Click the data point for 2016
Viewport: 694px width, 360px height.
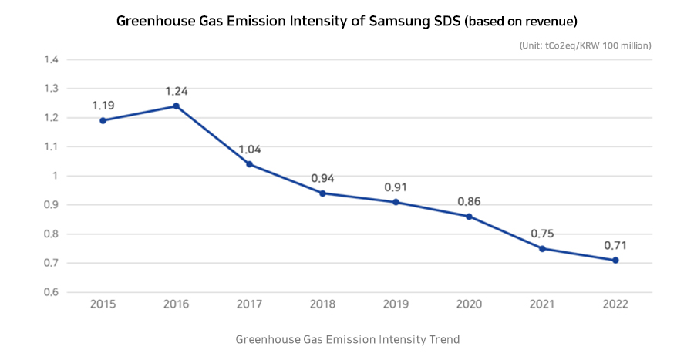click(x=176, y=106)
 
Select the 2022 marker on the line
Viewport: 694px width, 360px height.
click(x=615, y=261)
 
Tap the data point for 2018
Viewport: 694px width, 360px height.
click(x=322, y=193)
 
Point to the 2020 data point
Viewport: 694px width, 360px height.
click(x=469, y=217)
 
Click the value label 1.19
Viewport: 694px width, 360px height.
click(x=103, y=105)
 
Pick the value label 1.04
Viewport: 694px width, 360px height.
click(x=249, y=149)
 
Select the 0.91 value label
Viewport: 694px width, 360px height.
click(x=396, y=187)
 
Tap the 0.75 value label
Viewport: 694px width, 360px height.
click(x=542, y=234)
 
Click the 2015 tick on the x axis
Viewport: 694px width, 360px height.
click(x=103, y=304)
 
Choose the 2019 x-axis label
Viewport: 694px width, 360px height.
click(x=396, y=304)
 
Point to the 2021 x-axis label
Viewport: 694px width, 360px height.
click(x=542, y=304)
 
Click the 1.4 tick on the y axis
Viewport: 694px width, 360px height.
click(x=51, y=59)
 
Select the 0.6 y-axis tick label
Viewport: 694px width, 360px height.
click(x=51, y=292)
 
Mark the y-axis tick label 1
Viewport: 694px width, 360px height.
click(x=55, y=176)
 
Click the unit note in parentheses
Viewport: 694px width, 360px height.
click(x=586, y=45)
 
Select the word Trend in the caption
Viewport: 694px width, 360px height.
click(x=443, y=339)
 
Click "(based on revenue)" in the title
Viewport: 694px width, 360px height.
click(x=520, y=21)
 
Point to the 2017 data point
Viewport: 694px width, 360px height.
click(x=249, y=164)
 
